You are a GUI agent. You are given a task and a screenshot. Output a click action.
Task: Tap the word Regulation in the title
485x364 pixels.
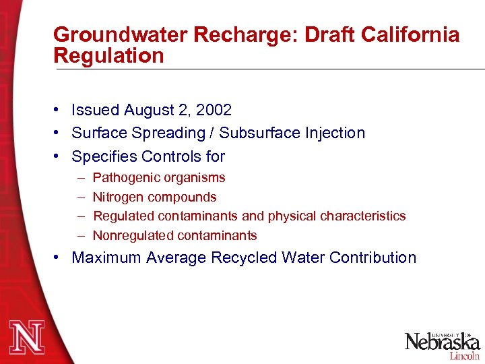[x=108, y=55]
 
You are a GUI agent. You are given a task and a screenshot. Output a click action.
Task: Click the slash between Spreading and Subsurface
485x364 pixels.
[x=212, y=133]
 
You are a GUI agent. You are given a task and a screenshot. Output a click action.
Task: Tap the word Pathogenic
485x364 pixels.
[x=125, y=178]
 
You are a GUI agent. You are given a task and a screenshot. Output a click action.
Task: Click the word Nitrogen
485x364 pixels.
[x=119, y=198]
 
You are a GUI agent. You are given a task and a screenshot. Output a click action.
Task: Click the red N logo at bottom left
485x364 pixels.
[x=26, y=338]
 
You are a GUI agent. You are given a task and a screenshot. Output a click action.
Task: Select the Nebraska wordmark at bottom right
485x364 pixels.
[x=442, y=341]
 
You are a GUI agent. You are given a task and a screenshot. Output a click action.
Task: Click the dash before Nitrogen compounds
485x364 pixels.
[x=80, y=198]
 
